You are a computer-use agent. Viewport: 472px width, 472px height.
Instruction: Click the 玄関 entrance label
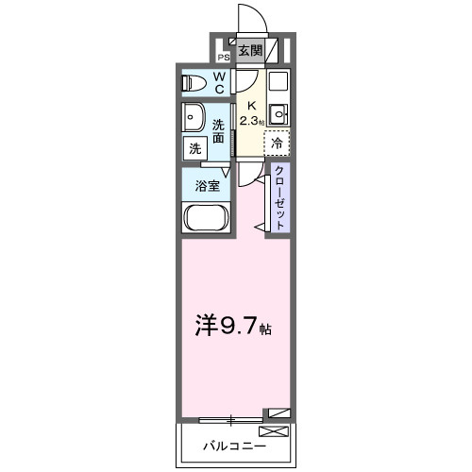(x=249, y=50)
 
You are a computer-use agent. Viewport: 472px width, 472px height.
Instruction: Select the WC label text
(x=218, y=83)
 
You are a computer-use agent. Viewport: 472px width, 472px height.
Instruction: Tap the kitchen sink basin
(x=278, y=114)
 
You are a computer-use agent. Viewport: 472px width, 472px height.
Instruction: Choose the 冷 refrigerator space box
(x=277, y=143)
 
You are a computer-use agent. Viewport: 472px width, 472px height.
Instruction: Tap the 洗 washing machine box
(x=194, y=148)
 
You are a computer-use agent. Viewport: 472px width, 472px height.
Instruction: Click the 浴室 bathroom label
(x=208, y=185)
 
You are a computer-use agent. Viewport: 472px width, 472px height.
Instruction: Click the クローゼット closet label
(x=280, y=196)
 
